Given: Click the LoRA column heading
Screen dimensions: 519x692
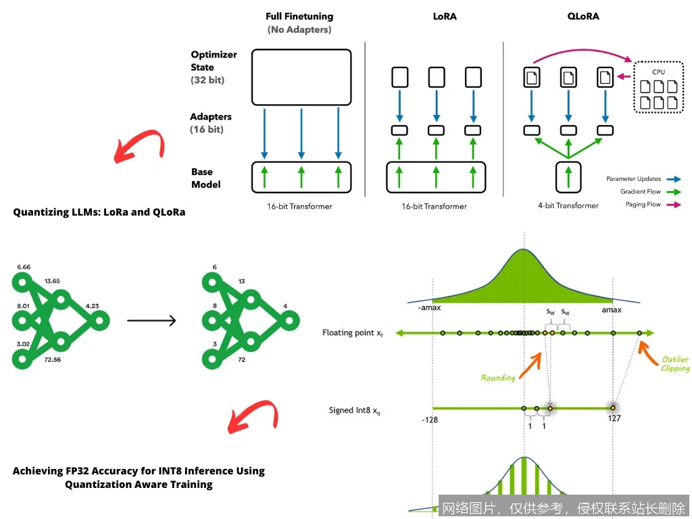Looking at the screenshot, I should pyautogui.click(x=444, y=16).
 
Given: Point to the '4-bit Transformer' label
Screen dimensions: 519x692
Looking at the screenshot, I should pyautogui.click(x=568, y=205).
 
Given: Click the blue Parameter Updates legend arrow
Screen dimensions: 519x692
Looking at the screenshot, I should pyautogui.click(x=673, y=179).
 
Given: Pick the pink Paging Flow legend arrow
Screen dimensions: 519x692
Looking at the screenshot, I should pyautogui.click(x=673, y=204).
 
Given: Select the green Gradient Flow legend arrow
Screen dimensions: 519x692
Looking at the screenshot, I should pyautogui.click(x=673, y=192).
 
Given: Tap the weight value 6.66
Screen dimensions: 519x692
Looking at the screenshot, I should pyautogui.click(x=25, y=267).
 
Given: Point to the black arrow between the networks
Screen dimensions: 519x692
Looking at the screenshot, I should pyautogui.click(x=151, y=320).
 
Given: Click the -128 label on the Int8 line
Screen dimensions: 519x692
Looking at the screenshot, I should pyautogui.click(x=430, y=420).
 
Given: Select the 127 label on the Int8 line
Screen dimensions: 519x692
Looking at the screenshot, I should pyautogui.click(x=614, y=418).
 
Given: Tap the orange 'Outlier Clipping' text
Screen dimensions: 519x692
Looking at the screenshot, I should pyautogui.click(x=675, y=364).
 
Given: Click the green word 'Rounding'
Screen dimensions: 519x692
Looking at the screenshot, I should pyautogui.click(x=497, y=378).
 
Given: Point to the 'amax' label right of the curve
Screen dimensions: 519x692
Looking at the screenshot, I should pyautogui.click(x=612, y=310).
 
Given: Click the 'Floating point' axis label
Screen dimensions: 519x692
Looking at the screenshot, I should pyautogui.click(x=351, y=332).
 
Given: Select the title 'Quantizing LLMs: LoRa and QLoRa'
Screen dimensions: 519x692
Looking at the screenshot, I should pyautogui.click(x=99, y=212).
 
